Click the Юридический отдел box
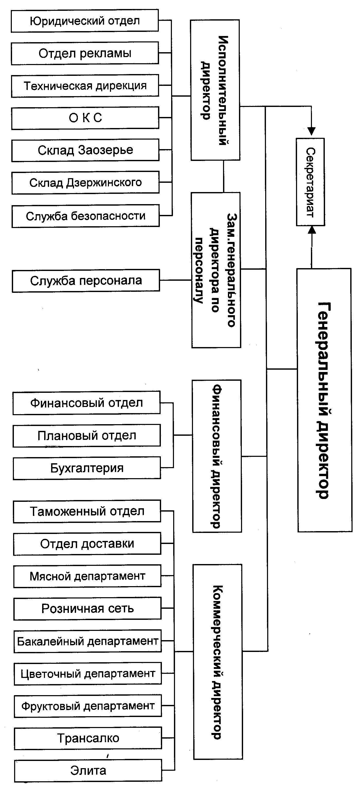[85, 21]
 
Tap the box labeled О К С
[85, 118]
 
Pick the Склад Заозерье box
[85, 150]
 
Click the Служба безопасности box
[86, 216]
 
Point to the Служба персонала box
[86, 281]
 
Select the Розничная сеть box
[87, 609]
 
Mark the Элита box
[88, 770]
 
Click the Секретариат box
[310, 182]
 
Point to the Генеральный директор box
[324, 400]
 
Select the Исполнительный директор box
[215, 90]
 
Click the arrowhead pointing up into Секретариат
[312, 230]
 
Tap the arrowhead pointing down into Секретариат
[311, 131]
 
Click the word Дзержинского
[104, 183]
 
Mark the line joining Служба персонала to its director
[176, 280]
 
